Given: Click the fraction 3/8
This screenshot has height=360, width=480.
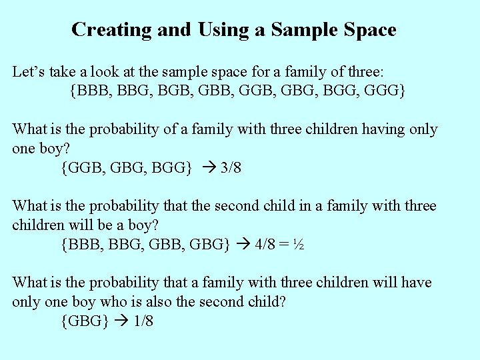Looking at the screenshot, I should click(231, 167).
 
